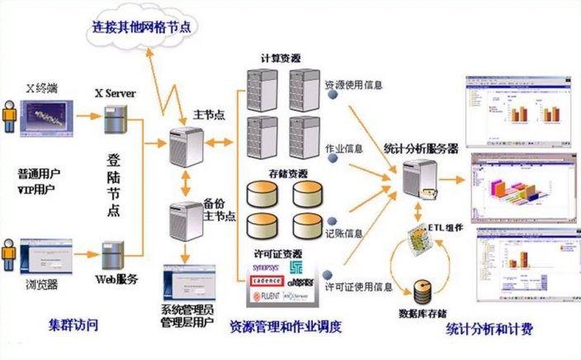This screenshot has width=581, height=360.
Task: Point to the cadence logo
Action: tap(267, 281)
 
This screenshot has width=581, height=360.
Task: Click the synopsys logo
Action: tap(266, 268)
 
